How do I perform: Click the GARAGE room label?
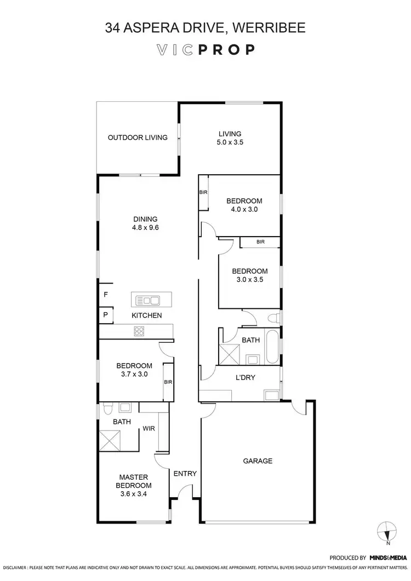point(258,461)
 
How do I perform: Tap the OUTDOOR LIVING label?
point(138,137)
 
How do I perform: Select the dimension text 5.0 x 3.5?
point(230,142)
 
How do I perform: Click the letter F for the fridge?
point(106,295)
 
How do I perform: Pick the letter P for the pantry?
point(106,315)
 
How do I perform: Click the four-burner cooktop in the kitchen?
point(139,331)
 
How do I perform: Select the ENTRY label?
point(185,474)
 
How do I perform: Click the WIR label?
point(148,429)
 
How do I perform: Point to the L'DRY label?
point(246,377)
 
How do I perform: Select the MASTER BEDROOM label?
point(133,481)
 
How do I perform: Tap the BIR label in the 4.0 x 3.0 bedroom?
point(203,192)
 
